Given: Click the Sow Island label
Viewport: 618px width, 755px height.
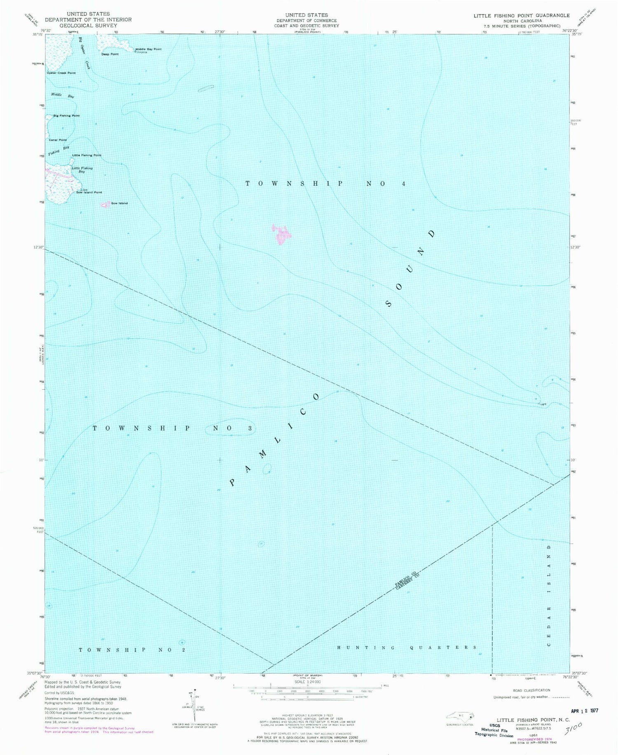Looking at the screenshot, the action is coord(119,203).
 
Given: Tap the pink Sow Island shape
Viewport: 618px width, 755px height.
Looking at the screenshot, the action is coord(105,204).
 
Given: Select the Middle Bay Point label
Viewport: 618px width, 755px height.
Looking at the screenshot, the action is coord(149,49).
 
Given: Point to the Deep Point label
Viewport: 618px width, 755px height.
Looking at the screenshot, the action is coord(110,54).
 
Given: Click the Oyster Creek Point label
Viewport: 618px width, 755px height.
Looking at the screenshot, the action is coord(61,73).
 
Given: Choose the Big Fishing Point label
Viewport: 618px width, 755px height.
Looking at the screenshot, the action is coord(66,116).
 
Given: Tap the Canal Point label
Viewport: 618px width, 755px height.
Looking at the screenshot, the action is coord(58,140).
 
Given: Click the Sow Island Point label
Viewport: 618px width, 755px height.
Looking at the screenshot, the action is coord(89,192).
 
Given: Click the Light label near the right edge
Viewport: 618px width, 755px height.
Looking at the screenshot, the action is coord(543,404).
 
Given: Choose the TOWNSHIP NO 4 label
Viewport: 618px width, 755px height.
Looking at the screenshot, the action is coord(325,184).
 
